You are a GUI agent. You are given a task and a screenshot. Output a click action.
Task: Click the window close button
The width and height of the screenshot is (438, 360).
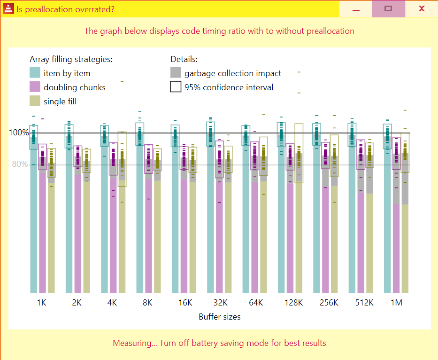422,8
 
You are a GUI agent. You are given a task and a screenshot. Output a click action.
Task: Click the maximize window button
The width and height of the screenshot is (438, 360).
388,8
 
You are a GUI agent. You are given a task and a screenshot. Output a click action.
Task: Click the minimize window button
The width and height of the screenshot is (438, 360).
356,8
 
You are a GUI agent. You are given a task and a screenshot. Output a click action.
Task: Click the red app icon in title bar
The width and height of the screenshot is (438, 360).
8,9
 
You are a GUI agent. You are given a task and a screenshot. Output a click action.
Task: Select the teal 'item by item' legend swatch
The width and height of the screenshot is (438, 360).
35,73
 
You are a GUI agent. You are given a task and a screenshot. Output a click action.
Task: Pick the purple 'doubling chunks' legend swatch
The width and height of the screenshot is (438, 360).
35,87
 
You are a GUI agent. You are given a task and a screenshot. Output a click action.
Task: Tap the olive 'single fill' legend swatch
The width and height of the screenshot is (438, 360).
35,101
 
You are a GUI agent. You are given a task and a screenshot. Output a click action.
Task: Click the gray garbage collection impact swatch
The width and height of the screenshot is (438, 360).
176,73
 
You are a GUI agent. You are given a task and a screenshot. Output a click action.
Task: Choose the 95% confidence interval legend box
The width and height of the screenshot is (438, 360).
176,87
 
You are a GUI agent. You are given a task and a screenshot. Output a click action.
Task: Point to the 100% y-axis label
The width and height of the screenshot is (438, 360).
19,133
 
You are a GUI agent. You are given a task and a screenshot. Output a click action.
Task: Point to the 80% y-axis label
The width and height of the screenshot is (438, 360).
19,164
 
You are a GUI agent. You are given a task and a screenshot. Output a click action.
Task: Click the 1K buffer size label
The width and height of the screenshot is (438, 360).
41,303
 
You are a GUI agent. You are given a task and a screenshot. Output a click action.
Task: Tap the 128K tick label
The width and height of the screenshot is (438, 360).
293,303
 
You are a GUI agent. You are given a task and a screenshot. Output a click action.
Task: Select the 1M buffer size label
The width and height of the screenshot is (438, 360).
397,303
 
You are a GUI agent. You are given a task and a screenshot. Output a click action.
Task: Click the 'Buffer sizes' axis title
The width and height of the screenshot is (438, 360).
219,317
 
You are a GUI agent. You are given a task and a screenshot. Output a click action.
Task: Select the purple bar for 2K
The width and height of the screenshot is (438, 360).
77,235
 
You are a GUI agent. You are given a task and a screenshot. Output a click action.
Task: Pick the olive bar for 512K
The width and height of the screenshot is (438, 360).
370,244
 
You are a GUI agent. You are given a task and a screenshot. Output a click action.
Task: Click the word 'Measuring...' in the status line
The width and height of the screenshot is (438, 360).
134,343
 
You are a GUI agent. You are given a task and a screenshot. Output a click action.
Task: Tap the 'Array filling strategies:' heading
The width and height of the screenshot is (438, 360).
71,59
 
